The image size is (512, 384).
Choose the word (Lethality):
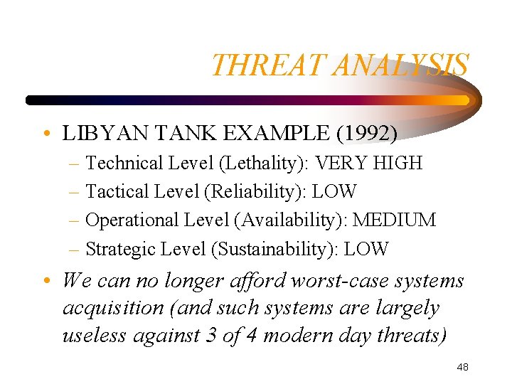[262, 163]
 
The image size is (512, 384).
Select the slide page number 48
[462, 367]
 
